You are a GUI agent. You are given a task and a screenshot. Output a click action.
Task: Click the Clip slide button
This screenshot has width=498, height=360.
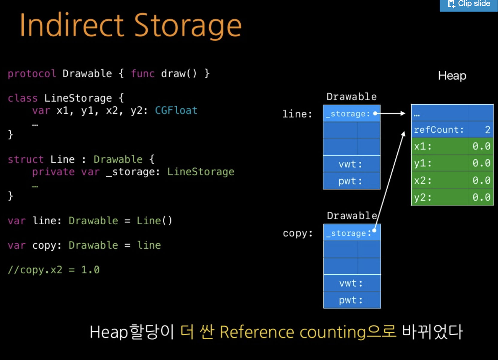pos(469,4)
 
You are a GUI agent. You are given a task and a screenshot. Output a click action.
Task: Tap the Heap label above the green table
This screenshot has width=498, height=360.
pos(452,76)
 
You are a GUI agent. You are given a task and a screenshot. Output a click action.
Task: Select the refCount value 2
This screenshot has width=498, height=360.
pos(487,130)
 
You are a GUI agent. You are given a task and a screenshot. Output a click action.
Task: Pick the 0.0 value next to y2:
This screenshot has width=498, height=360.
pos(481,197)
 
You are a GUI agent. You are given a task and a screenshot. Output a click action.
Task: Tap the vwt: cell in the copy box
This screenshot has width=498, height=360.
pos(351,283)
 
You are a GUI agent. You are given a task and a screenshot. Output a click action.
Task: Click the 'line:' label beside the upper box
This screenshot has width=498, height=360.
pos(297,114)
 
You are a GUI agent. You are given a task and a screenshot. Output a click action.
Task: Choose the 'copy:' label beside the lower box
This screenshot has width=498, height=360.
pos(298,233)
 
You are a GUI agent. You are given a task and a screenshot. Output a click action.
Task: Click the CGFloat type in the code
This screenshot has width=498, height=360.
pos(176,111)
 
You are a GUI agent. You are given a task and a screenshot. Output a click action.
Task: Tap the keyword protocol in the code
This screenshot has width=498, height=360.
pos(32,74)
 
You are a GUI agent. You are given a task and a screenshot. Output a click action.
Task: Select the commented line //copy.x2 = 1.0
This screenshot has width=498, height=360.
pos(54,270)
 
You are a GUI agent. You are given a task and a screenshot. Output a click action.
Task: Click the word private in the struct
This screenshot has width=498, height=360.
pos(53,172)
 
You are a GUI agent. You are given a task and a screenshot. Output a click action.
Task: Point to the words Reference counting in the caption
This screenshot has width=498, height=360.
pos(293,332)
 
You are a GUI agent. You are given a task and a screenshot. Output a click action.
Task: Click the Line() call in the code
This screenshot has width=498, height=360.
pos(154,221)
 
